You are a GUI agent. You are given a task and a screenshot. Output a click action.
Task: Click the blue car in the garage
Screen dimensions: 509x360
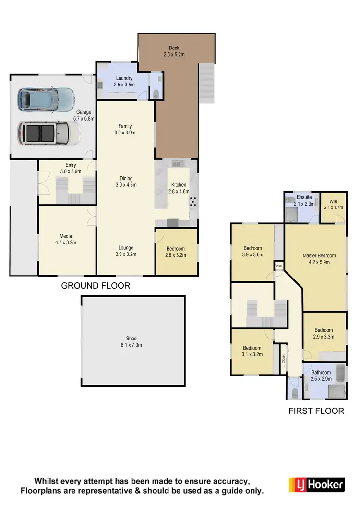click(46, 99)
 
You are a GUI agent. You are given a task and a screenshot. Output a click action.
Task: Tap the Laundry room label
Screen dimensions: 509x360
click(124, 78)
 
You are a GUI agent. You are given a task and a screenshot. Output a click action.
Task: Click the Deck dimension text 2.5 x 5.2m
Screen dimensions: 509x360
click(173, 55)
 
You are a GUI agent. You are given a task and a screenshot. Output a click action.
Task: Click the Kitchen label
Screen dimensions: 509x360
click(179, 185)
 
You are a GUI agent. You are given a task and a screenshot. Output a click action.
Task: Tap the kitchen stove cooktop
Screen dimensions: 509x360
click(193, 202)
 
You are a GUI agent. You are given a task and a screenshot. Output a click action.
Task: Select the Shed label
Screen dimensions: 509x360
click(131, 339)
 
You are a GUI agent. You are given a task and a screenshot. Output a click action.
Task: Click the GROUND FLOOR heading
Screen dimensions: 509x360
click(96, 286)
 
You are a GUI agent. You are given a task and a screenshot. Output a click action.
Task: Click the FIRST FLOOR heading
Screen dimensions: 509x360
click(316, 411)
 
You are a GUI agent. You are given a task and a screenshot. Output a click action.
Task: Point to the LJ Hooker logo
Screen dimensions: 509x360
click(317, 485)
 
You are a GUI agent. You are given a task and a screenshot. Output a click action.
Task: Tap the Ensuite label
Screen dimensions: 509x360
click(304, 197)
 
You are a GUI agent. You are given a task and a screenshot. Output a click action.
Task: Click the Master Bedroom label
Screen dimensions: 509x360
click(319, 255)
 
